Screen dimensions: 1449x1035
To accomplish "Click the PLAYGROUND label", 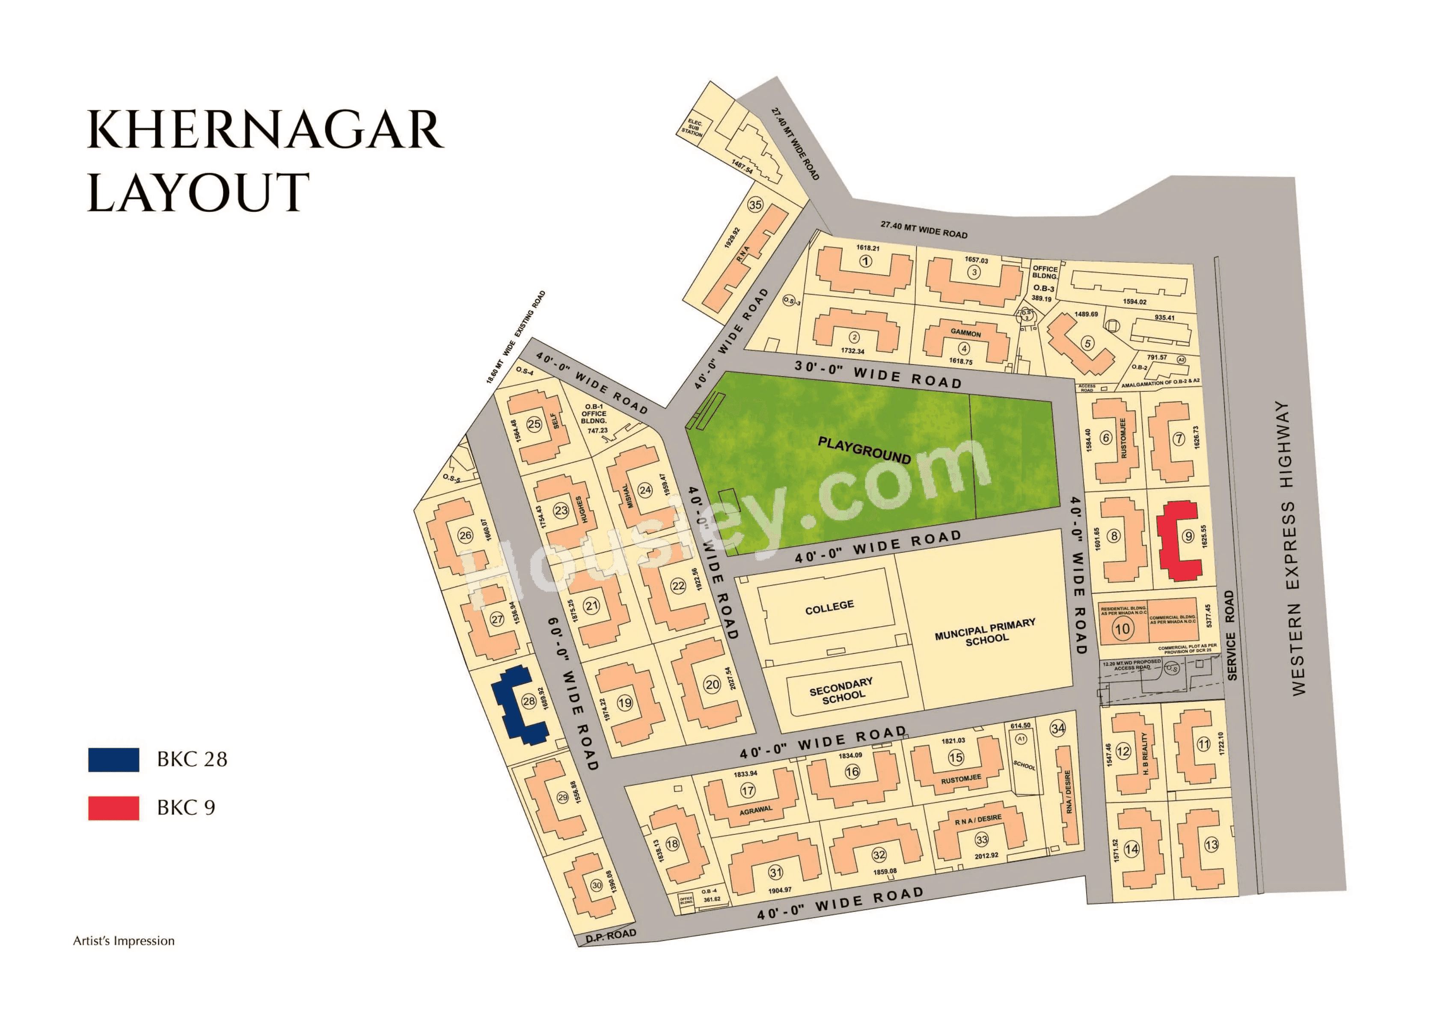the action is [864, 450].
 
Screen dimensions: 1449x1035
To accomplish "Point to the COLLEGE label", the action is [829, 607].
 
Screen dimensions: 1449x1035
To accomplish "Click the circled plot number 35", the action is [755, 205].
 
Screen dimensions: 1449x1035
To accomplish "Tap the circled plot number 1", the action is [865, 261].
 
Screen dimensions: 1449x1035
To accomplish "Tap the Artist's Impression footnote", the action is [124, 941].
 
